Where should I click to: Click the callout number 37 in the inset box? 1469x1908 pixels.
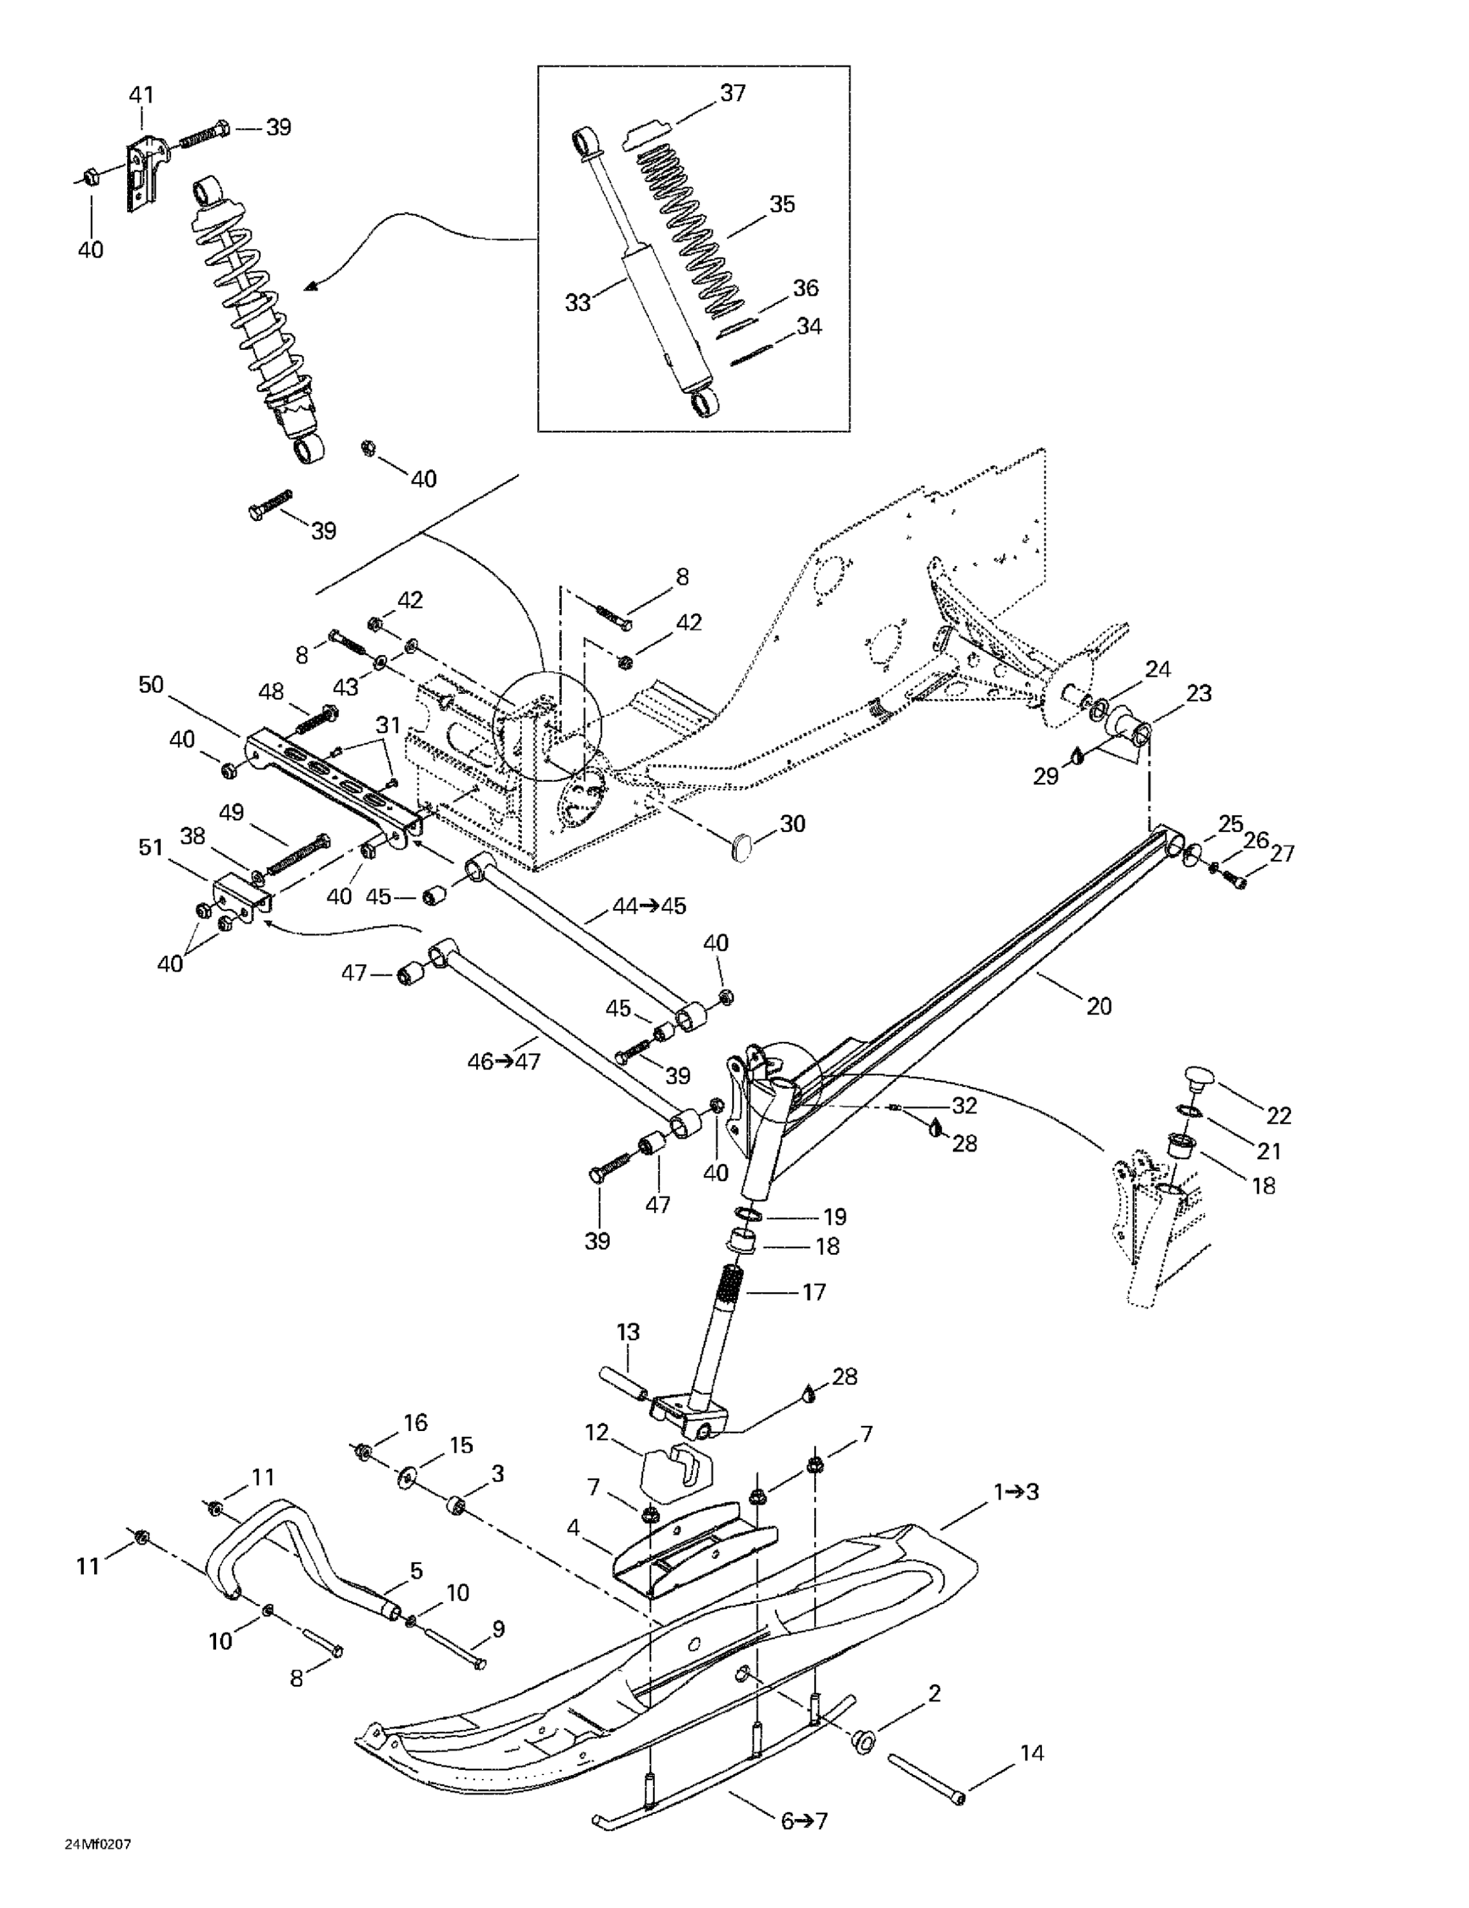pyautogui.click(x=732, y=93)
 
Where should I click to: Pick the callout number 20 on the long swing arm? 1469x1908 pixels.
pyautogui.click(x=1098, y=1006)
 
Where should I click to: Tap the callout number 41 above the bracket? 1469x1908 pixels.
pyautogui.click(x=142, y=94)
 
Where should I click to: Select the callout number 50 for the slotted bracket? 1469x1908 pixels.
pyautogui.click(x=151, y=684)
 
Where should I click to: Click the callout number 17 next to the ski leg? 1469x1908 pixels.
pyautogui.click(x=813, y=1291)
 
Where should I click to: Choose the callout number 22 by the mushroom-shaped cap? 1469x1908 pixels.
pyautogui.click(x=1278, y=1115)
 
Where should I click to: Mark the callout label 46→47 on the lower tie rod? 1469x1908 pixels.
pyautogui.click(x=504, y=1062)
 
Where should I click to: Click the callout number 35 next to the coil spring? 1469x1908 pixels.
pyautogui.click(x=782, y=204)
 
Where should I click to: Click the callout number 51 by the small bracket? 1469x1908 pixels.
pyautogui.click(x=151, y=847)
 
